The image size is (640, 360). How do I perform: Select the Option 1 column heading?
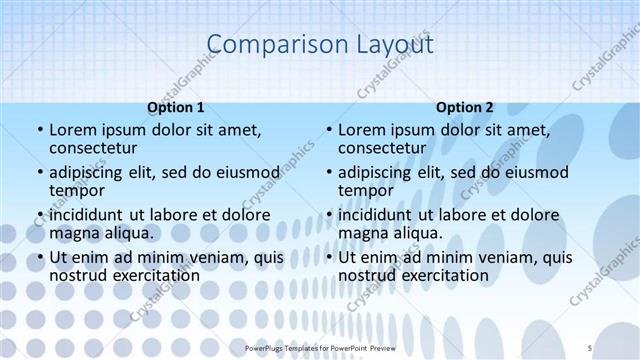point(176,107)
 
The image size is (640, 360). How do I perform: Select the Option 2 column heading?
point(465,107)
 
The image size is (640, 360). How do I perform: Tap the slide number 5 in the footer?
point(590,347)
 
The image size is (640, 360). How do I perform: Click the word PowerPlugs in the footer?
point(268,347)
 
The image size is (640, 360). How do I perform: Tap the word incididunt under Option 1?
point(88,215)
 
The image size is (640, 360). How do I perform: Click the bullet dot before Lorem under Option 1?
point(39,130)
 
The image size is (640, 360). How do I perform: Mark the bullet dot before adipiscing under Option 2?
point(328,173)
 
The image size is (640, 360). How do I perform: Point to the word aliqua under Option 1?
point(128,233)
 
